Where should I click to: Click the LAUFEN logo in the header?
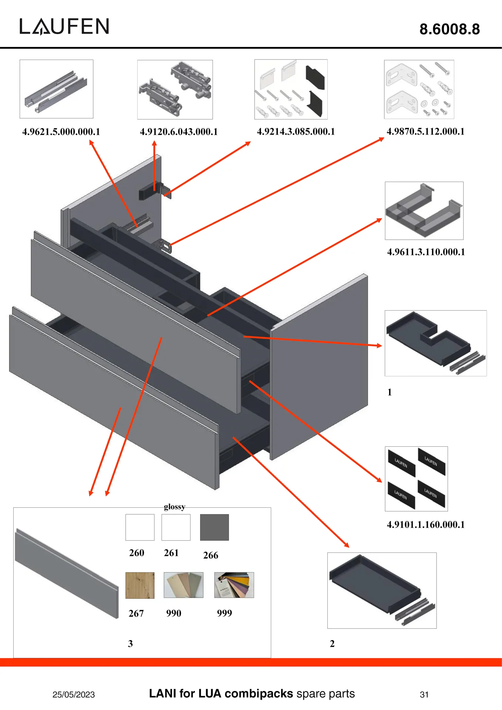[64, 27]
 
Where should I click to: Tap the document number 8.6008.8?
[449, 29]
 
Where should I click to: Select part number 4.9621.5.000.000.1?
[61, 132]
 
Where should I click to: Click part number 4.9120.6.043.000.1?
[179, 132]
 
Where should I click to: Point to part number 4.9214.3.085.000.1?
[296, 132]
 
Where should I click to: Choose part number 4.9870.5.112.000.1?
[425, 131]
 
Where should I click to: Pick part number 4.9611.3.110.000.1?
[426, 252]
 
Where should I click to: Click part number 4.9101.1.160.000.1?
[425, 524]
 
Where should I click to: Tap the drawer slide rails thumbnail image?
[56, 89]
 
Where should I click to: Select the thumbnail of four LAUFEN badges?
[416, 479]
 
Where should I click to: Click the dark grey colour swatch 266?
[214, 527]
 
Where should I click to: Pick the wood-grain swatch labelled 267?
[140, 585]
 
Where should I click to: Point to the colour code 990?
[173, 613]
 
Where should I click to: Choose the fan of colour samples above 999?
[234, 585]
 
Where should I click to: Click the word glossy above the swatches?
[174, 507]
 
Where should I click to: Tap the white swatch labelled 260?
[140, 527]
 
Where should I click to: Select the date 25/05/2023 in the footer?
[74, 694]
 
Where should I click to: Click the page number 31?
[424, 694]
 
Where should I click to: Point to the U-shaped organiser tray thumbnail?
[424, 210]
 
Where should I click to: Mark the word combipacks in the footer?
[259, 693]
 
